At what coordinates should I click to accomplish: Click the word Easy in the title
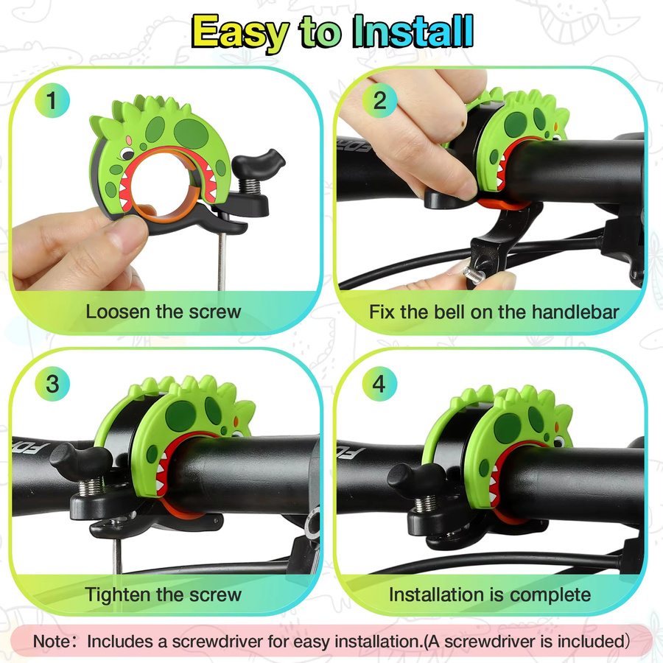pyautogui.click(x=239, y=32)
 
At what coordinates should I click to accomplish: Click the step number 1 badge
pyautogui.click(x=52, y=101)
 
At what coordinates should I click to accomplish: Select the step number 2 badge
pyautogui.click(x=379, y=101)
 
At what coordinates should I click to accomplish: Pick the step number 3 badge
pyautogui.click(x=52, y=384)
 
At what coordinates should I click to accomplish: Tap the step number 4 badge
pyautogui.click(x=379, y=384)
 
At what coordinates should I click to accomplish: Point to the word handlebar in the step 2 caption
pyautogui.click(x=575, y=312)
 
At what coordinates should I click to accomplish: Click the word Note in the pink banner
pyautogui.click(x=52, y=641)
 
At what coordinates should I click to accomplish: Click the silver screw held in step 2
pyautogui.click(x=474, y=276)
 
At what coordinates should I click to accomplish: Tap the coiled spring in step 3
pyautogui.click(x=90, y=486)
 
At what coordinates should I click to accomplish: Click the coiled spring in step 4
pyautogui.click(x=426, y=502)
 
